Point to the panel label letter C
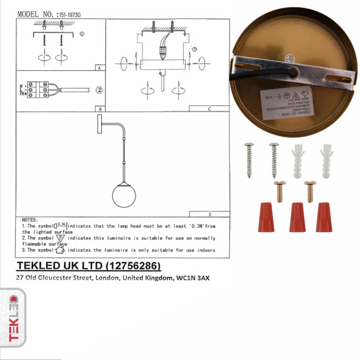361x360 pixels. [208, 109]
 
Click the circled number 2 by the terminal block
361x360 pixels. [99, 90]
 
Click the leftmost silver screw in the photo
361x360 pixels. [249, 160]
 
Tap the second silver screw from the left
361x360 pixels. [274, 160]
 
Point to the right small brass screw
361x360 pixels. [310, 191]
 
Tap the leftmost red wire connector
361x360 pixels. [265, 217]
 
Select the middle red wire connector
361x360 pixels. [296, 217]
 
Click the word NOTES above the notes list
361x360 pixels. [30, 219]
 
